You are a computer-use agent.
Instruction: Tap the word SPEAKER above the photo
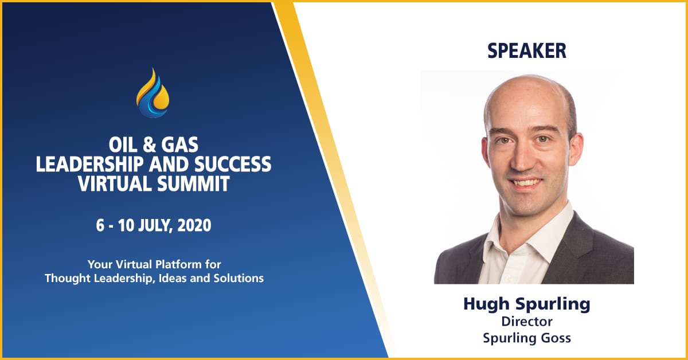(x=526, y=51)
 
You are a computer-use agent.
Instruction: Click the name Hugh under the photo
(x=484, y=305)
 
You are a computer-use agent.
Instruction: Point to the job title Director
(x=526, y=322)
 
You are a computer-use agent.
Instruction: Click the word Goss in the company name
(x=556, y=338)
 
